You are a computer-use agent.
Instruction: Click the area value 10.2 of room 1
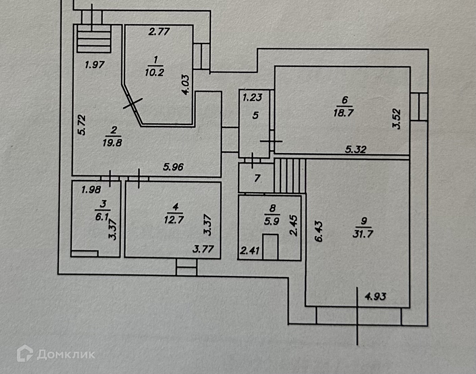click(155, 72)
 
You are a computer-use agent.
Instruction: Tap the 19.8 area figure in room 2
click(112, 143)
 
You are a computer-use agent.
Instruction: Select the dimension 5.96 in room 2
click(173, 167)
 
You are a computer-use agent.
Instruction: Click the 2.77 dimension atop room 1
click(159, 32)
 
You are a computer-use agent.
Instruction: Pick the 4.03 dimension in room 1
click(185, 85)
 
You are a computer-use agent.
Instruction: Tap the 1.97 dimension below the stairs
click(95, 65)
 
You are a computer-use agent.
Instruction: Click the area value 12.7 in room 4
click(174, 219)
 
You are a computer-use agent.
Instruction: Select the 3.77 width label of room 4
click(203, 249)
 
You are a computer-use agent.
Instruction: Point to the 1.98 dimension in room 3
click(91, 189)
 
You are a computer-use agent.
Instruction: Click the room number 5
click(255, 115)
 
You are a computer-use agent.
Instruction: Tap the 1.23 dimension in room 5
click(252, 97)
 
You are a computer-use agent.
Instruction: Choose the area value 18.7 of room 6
click(344, 113)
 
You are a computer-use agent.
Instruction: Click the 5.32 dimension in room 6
click(356, 150)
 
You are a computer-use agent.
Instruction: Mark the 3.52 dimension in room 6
click(396, 119)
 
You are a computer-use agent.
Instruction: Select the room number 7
click(257, 178)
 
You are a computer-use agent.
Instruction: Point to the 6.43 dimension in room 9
click(319, 231)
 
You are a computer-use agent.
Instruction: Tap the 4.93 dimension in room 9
click(375, 296)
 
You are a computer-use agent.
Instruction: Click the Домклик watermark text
click(66, 355)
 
